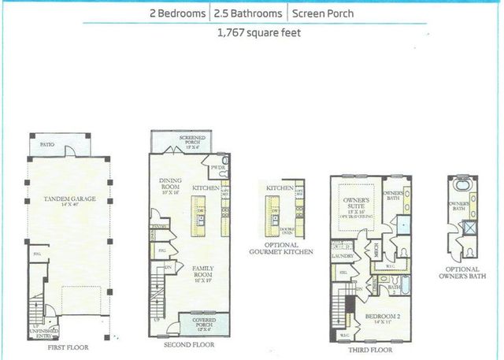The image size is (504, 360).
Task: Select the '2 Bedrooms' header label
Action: tap(176, 13)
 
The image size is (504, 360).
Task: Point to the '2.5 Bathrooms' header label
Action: tap(248, 13)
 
